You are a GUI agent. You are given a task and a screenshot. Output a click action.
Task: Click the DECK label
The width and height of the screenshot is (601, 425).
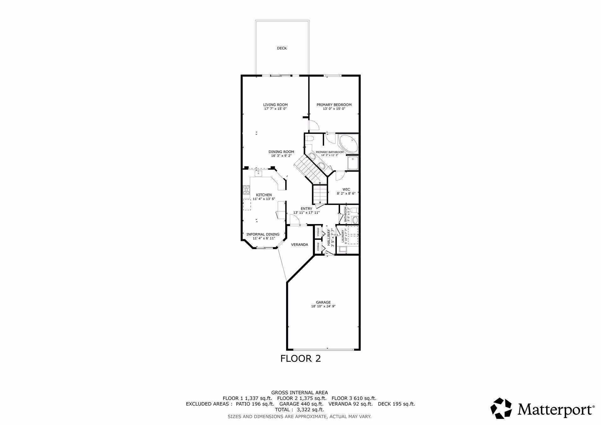pyautogui.click(x=282, y=48)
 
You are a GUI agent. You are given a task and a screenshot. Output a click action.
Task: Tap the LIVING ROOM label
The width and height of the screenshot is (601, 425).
pyautogui.click(x=275, y=105)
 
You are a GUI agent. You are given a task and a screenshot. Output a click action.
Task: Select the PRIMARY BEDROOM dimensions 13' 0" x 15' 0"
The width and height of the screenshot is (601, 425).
pyautogui.click(x=334, y=109)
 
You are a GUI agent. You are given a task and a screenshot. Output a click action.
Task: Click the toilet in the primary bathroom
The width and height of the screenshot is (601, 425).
pyautogui.click(x=310, y=139)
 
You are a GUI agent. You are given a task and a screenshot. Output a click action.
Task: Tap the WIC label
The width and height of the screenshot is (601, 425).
pyautogui.click(x=346, y=189)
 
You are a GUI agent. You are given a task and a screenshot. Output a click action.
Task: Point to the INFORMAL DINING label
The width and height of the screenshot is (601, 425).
pyautogui.click(x=263, y=234)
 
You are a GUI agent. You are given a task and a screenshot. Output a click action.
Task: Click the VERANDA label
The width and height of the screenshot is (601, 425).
pyautogui.click(x=300, y=244)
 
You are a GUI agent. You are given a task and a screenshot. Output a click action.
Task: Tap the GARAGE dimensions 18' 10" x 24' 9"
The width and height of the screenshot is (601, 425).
pyautogui.click(x=323, y=306)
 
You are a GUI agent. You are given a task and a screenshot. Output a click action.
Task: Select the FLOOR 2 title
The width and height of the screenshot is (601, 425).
pyautogui.click(x=300, y=358)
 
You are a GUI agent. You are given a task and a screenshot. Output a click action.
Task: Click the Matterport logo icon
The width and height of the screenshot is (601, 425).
pyautogui.click(x=501, y=408)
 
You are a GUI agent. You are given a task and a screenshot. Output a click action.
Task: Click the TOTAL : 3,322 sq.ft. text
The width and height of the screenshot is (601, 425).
pyautogui.click(x=299, y=409)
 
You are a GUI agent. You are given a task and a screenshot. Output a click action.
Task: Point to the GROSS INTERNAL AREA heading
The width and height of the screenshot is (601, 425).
pyautogui.click(x=300, y=392)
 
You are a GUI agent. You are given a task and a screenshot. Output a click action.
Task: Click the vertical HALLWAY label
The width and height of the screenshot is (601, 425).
pyautogui.click(x=329, y=237)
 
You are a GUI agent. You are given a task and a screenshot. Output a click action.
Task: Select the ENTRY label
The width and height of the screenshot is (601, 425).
pyautogui.click(x=306, y=209)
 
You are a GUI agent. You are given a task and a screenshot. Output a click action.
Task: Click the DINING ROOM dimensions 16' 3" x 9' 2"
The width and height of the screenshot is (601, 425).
pyautogui.click(x=281, y=156)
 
